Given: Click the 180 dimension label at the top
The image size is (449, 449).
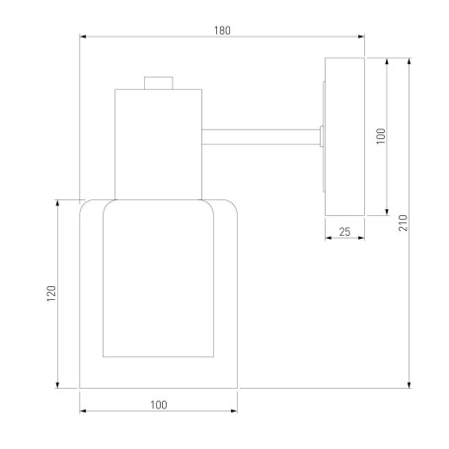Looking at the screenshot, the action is (222, 31).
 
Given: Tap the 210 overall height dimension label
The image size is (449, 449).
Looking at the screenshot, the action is (403, 223).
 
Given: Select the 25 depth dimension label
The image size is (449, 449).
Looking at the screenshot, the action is (344, 232).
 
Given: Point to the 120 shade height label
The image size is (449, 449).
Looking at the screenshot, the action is (51, 293).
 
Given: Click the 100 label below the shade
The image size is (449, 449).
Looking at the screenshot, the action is (159, 405).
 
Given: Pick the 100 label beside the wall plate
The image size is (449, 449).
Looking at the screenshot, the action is (380, 136).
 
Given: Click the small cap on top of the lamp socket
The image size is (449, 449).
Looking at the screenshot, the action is (159, 83).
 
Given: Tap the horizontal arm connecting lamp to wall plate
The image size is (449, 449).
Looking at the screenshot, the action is (261, 137).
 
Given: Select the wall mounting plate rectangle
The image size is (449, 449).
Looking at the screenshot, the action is (344, 137).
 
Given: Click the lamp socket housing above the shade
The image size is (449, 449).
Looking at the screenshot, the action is (158, 144).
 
